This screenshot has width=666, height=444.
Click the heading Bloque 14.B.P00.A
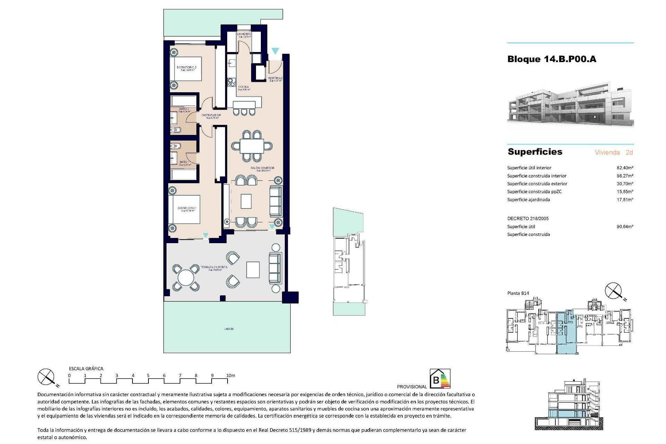point(552,59)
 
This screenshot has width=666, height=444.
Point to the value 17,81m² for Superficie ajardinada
point(625,200)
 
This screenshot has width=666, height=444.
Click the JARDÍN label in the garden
point(229,329)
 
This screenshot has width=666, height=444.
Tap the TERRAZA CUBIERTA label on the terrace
point(214,267)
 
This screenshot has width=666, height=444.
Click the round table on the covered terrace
point(186,277)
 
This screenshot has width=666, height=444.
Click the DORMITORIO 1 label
point(187,208)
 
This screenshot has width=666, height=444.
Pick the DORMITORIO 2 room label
point(187,67)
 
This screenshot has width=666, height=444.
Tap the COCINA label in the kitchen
point(244,87)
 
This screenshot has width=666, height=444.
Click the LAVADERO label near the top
point(244,34)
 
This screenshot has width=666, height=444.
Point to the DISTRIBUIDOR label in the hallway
point(211,115)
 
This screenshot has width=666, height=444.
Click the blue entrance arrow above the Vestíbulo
point(275,51)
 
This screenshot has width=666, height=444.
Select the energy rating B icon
point(440,379)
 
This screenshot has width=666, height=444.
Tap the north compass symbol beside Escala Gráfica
point(46,377)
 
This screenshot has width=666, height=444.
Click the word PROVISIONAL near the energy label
point(412,387)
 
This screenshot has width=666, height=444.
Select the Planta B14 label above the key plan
point(518,293)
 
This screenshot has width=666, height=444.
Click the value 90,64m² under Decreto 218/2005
point(625,227)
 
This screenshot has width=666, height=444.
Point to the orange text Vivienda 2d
point(614,152)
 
